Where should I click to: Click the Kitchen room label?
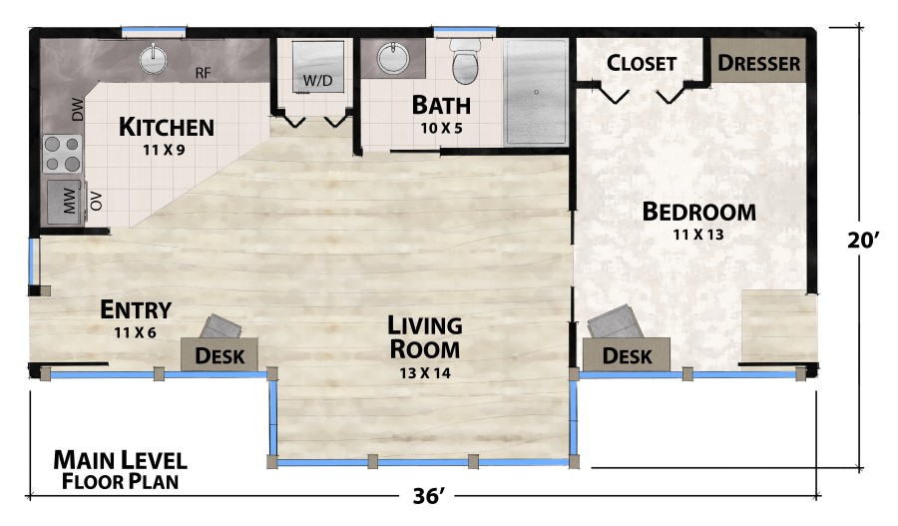[166, 127]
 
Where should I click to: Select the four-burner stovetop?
[61, 155]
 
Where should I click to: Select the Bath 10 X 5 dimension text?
[441, 128]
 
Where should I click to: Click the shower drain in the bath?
[536, 92]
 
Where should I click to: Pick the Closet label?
[642, 63]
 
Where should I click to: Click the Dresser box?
[759, 63]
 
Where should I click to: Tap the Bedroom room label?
[698, 212]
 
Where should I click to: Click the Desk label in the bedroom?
[628, 355]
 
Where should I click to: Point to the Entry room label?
[136, 309]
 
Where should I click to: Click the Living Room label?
[425, 337]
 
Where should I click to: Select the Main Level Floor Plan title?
[120, 470]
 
